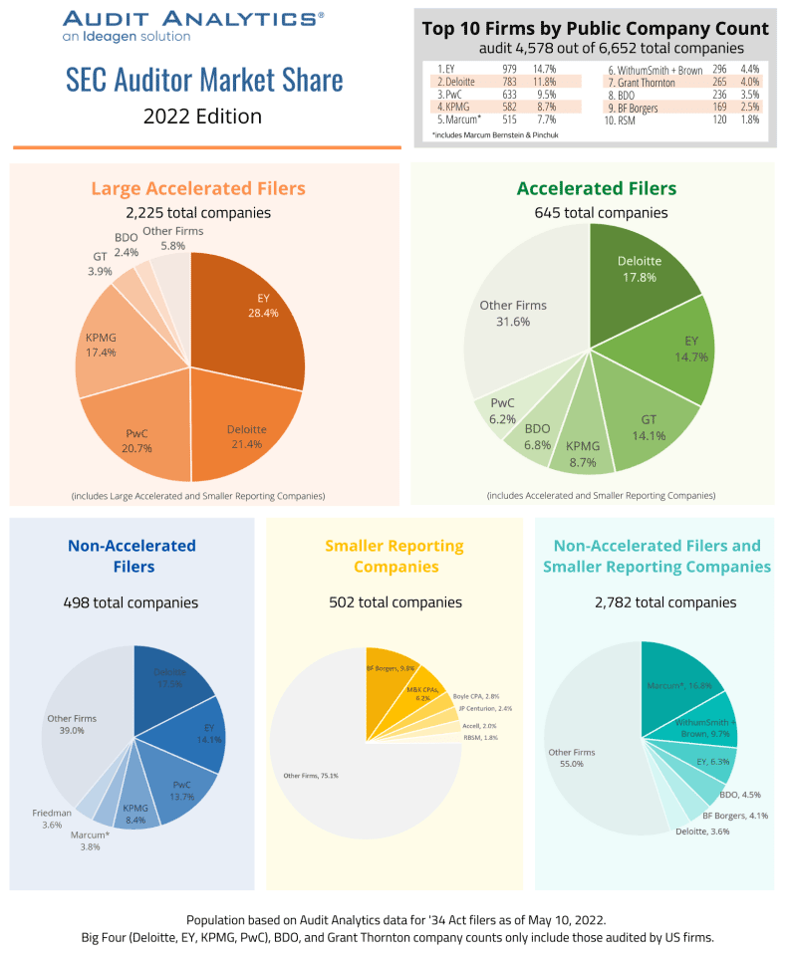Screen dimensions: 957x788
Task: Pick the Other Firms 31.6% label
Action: [x=513, y=313]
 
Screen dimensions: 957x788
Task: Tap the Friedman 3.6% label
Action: [x=52, y=819]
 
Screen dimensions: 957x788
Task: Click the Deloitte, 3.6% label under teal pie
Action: [x=700, y=831]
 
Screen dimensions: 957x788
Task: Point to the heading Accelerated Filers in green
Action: [x=596, y=188]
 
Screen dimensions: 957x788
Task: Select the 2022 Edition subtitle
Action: [x=202, y=116]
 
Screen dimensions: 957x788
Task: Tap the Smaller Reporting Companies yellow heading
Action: [x=394, y=556]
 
